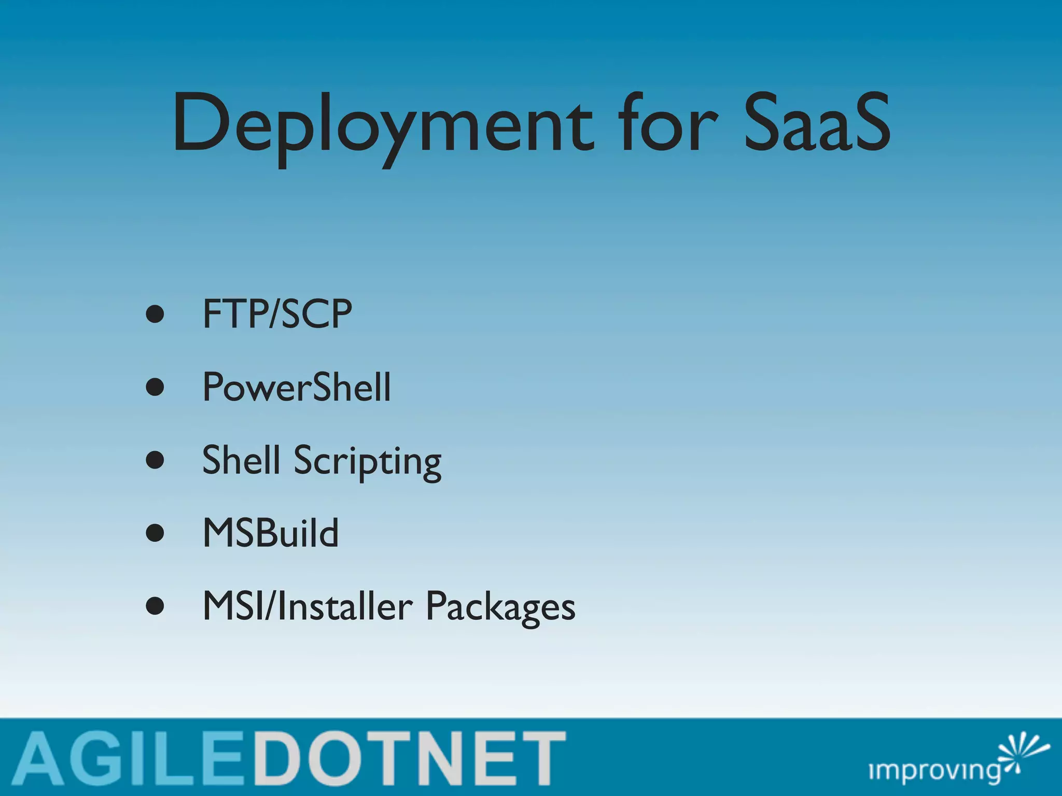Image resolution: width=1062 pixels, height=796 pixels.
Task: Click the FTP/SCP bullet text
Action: click(277, 314)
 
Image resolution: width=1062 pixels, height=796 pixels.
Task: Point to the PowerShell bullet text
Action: click(297, 387)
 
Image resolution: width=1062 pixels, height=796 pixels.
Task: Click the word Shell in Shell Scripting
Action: click(241, 460)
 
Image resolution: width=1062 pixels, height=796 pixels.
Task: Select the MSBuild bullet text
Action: click(271, 533)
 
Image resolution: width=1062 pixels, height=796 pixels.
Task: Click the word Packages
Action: click(500, 607)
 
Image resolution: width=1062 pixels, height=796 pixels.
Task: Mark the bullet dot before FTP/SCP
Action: click(155, 314)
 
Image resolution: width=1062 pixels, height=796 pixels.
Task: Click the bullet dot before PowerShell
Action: click(155, 387)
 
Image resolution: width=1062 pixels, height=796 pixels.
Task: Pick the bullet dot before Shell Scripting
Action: click(155, 460)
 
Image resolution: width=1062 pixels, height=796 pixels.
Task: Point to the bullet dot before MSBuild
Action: click(155, 533)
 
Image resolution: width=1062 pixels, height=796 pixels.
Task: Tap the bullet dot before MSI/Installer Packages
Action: click(155, 606)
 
